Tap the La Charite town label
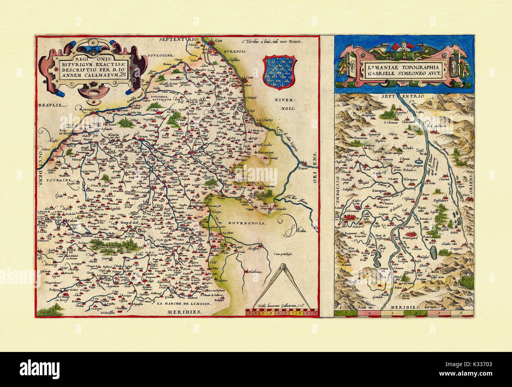point(264,120)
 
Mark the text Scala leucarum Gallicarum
point(278,305)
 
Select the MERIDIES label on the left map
point(183,312)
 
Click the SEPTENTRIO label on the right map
point(399,96)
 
